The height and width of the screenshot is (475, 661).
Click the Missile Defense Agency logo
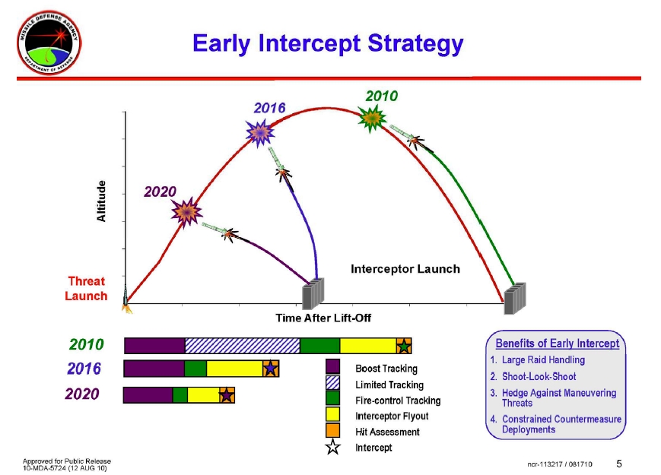(x=49, y=43)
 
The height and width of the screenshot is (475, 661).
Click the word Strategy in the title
(x=415, y=44)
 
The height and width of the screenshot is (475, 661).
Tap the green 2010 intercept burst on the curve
(x=372, y=118)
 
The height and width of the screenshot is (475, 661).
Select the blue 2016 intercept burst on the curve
(x=260, y=133)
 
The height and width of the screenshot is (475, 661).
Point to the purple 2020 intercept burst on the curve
(x=186, y=212)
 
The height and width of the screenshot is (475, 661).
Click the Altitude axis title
(x=101, y=201)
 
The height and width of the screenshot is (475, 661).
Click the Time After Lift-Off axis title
(x=323, y=318)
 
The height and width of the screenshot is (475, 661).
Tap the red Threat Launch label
(x=87, y=289)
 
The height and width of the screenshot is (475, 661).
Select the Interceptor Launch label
(x=405, y=269)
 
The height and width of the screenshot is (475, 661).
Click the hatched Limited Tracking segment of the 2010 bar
(x=243, y=346)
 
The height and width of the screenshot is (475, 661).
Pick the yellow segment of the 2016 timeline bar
(x=235, y=369)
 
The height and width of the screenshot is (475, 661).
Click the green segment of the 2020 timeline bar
(x=180, y=395)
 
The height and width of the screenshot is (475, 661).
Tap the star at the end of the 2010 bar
(x=404, y=346)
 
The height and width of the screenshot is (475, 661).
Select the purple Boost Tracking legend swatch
(x=332, y=367)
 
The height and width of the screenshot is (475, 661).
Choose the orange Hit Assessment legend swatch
(x=332, y=431)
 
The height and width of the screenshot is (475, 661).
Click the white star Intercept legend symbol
(x=332, y=447)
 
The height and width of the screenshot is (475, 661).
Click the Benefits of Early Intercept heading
(x=558, y=344)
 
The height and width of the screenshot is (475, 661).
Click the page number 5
(x=619, y=464)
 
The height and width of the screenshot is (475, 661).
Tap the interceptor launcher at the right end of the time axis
(x=515, y=298)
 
